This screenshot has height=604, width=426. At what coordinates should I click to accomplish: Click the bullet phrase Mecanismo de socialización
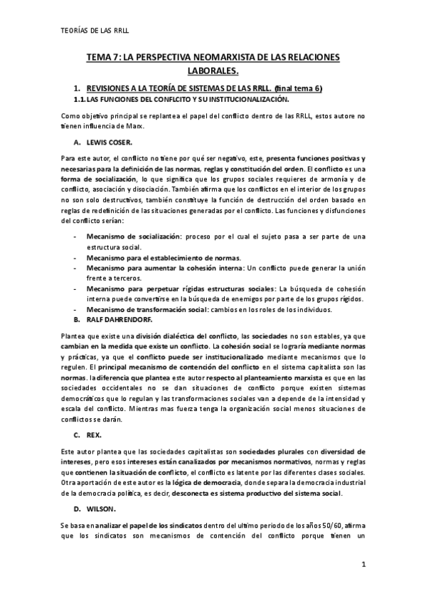tap(134, 235)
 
